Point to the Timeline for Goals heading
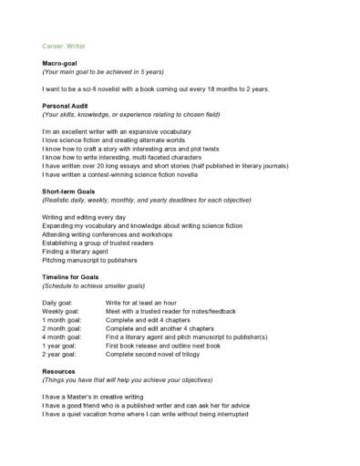click(x=74, y=276)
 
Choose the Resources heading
click(x=59, y=372)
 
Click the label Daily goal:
click(x=59, y=302)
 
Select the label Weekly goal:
click(x=63, y=311)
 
